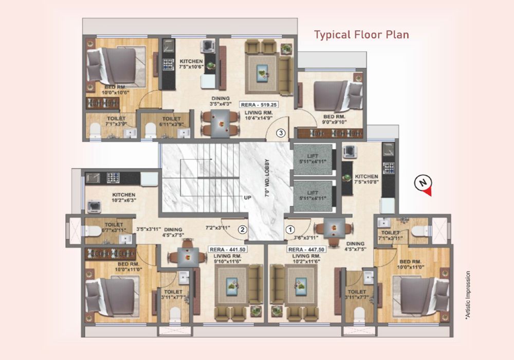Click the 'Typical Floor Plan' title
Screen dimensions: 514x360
(x=361, y=34)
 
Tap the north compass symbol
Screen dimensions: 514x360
(x=423, y=185)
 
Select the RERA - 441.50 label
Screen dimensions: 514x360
(x=228, y=249)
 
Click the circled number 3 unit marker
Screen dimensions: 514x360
(x=281, y=133)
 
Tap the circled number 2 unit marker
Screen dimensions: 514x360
(x=242, y=229)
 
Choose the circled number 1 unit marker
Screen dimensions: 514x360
(x=290, y=229)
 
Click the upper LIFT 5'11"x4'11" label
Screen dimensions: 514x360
(x=313, y=159)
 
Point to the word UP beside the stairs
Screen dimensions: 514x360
(x=248, y=197)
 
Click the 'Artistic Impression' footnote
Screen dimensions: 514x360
(x=467, y=295)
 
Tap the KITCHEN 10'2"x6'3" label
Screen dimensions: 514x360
(x=124, y=197)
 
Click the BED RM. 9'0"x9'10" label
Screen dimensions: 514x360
(x=335, y=119)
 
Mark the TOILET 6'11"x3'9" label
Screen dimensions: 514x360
(x=172, y=122)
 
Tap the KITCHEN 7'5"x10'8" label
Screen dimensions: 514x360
(x=366, y=179)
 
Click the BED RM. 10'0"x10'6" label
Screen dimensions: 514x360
(x=116, y=90)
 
